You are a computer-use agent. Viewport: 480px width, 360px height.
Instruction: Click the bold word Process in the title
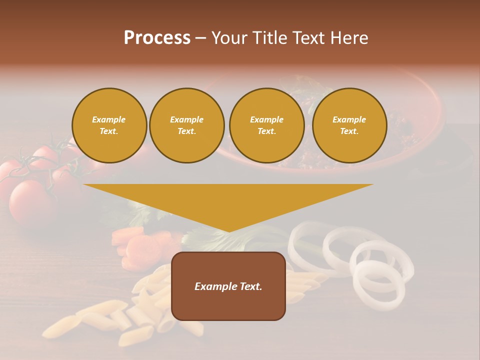point(157,38)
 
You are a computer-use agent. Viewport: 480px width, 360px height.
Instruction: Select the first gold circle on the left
point(109,125)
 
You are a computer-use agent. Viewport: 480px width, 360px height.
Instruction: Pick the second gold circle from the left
point(186,125)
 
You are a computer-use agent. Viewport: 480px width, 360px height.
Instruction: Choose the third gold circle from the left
point(266,125)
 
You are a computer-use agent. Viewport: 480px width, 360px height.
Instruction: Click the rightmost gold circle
point(349,125)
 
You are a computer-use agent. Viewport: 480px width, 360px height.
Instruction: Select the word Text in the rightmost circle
point(349,131)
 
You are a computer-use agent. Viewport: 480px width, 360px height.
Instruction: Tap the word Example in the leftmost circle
point(109,119)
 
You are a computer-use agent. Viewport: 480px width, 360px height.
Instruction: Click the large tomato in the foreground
point(32,202)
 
